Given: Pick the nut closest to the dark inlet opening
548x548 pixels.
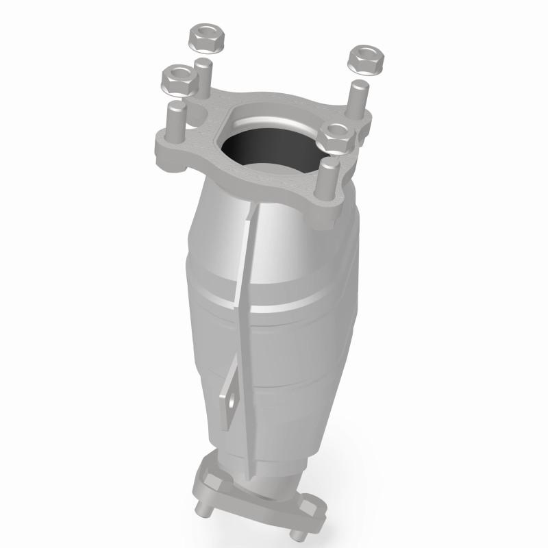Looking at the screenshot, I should tap(336, 136).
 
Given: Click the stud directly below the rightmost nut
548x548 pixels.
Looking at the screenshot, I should tap(358, 99).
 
